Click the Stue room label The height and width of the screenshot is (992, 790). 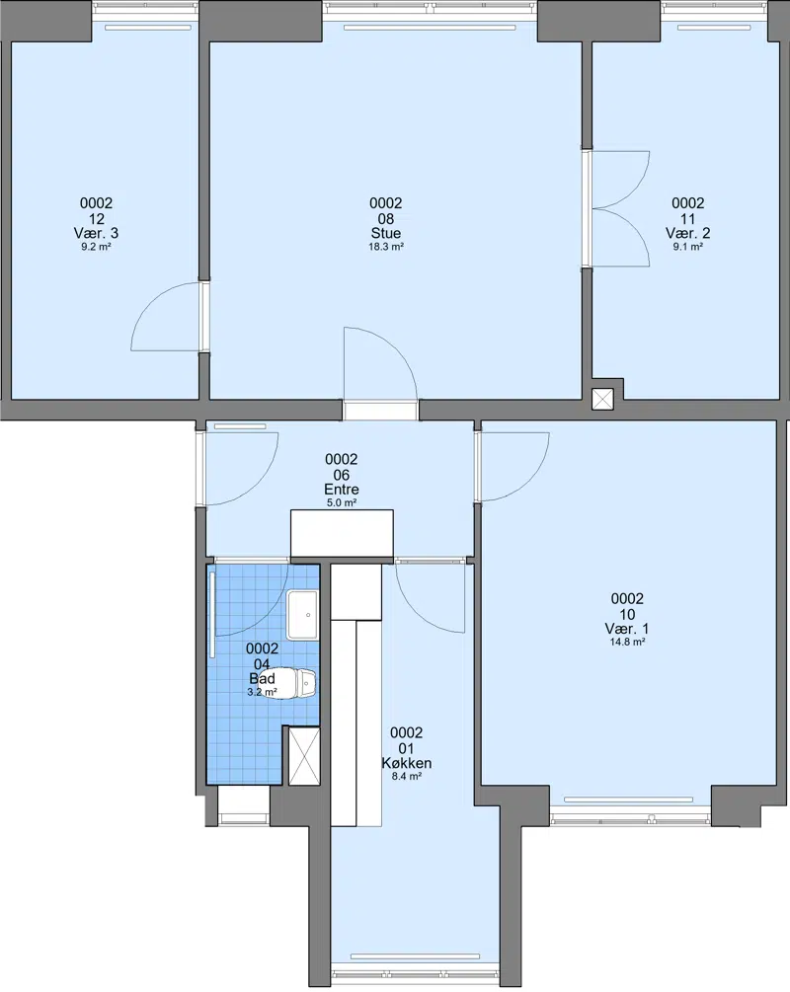click(385, 233)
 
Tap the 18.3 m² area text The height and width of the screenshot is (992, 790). click(386, 247)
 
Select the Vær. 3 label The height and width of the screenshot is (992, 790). click(96, 233)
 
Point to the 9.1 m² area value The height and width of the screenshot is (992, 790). click(687, 247)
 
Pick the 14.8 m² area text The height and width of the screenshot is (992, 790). click(627, 642)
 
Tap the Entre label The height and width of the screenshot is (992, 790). click(342, 489)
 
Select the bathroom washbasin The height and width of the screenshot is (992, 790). click(302, 614)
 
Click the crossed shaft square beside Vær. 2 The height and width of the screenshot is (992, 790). click(602, 399)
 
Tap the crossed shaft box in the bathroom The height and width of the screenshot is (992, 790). click(304, 756)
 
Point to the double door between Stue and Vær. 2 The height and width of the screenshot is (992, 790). click(618, 209)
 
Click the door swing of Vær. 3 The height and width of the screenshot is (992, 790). click(168, 316)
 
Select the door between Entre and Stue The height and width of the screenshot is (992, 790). click(380, 373)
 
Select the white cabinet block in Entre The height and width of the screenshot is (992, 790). click(342, 534)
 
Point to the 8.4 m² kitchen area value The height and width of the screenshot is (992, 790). click(407, 776)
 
